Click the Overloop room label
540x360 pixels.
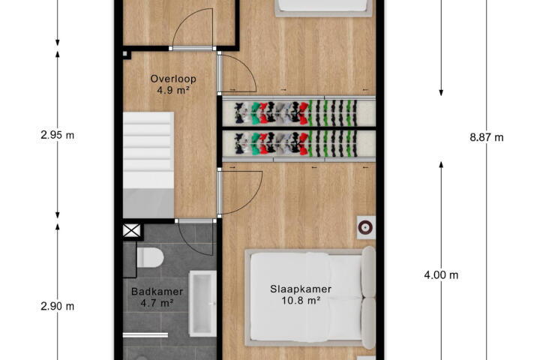tap(173, 79)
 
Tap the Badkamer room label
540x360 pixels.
tap(157, 292)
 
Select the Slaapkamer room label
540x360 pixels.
tap(301, 289)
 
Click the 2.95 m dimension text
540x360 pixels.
tap(58, 135)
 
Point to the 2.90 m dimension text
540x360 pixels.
tap(58, 306)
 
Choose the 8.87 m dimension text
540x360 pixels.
tap(487, 137)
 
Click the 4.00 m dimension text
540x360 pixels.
tap(441, 275)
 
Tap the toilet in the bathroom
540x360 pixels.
tap(150, 258)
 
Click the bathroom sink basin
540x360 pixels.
tap(202, 304)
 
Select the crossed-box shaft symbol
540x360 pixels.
tap(132, 230)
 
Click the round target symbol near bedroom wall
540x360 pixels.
tap(366, 227)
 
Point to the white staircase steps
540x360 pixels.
tap(148, 150)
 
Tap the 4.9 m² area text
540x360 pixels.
tap(173, 90)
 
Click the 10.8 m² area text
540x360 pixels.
tap(301, 301)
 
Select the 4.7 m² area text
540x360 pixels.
tap(157, 303)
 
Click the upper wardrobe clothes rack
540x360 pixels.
tap(298, 112)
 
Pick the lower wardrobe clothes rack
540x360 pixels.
tap(298, 144)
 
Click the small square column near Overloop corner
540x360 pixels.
tap(125, 54)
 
